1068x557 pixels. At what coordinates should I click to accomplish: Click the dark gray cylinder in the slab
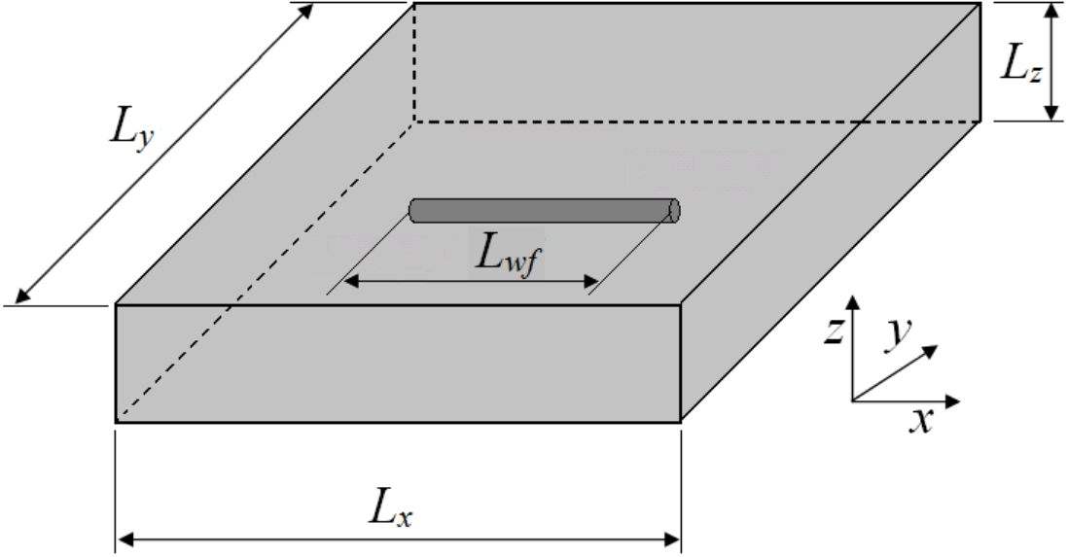tap(545, 210)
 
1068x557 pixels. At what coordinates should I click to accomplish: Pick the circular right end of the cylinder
tap(674, 210)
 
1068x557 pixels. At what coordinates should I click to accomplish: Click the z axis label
tap(834, 331)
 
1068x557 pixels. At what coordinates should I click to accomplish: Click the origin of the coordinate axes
tap(853, 401)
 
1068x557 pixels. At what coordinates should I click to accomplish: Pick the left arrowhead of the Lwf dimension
tap(350, 281)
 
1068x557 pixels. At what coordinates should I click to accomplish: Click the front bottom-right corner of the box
tap(681, 422)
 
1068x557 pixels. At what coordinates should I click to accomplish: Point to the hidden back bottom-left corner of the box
tap(414, 122)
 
